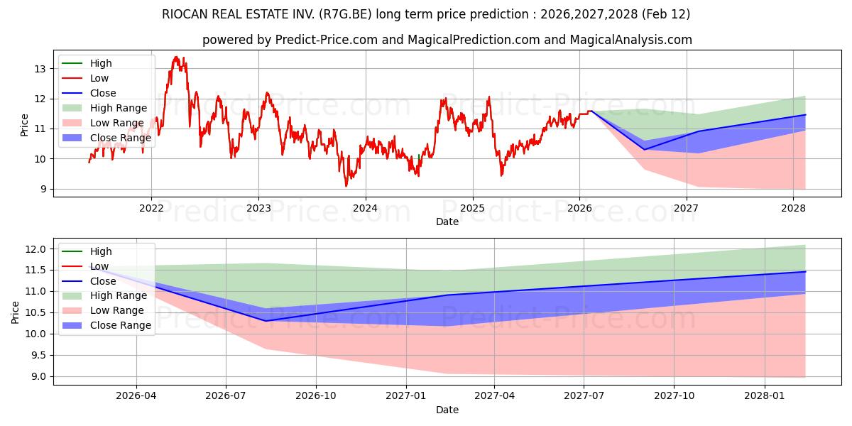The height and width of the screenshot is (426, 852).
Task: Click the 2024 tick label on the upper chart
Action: point(365,208)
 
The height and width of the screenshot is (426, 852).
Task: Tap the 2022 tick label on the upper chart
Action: point(151,208)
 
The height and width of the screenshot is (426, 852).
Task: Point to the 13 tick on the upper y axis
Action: point(39,69)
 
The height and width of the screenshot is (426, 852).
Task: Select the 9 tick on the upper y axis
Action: point(42,189)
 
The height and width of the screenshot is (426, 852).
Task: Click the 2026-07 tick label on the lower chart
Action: point(226,396)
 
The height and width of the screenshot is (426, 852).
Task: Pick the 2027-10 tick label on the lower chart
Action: point(674,396)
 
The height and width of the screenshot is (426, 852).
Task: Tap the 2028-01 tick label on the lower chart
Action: point(765,396)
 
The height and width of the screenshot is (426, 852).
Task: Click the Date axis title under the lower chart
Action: point(447,410)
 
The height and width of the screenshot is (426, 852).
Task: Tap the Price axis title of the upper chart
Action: point(25,124)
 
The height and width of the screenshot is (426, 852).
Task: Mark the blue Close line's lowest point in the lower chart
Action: point(266,321)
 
